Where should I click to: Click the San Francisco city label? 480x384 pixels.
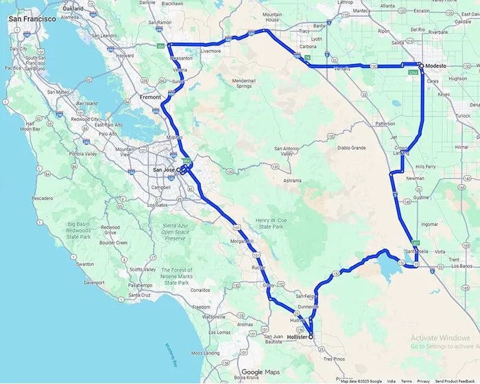(x=32, y=19)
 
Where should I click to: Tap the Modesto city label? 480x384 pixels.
(x=436, y=66)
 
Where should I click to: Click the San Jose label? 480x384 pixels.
(x=163, y=170)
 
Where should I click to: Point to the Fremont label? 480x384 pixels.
(x=150, y=98)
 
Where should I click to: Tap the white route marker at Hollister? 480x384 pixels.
(x=311, y=337)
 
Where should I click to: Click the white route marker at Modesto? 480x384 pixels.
(x=420, y=65)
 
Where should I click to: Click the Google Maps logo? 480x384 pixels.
(x=262, y=372)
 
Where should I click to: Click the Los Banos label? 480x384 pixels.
(x=461, y=265)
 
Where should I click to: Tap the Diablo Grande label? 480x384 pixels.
(x=349, y=148)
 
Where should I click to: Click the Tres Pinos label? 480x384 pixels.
(x=334, y=359)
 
